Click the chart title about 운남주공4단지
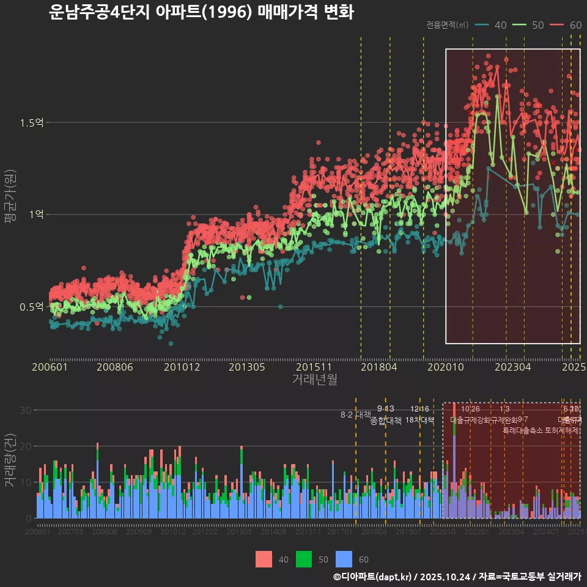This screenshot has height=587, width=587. pos(201,12)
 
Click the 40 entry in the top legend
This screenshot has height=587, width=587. pos(500,25)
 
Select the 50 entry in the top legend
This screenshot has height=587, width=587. pos(537,25)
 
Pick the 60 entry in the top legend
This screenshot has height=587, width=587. pos(575,25)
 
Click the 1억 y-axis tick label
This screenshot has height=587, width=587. pos(35,215)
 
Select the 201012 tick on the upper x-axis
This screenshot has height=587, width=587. pos(181,367)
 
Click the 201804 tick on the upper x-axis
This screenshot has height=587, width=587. pos(378,367)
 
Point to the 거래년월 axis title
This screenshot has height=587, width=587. pos(314,380)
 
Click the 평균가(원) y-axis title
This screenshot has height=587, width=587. pos(10,208)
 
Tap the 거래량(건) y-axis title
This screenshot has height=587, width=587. pos(10,460)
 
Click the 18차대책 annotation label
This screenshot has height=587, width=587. pos(420,420)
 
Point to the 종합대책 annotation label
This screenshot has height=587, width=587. pos(386,421)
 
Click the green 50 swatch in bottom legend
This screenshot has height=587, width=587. pos(304,559)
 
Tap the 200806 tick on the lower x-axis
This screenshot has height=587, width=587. pos(105,532)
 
